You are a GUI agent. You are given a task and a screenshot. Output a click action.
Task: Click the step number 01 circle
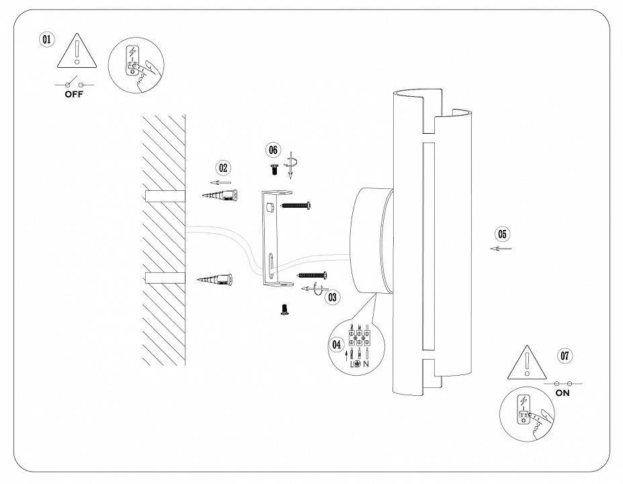pos(46,40)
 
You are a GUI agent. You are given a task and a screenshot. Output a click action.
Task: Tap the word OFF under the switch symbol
pos(74,95)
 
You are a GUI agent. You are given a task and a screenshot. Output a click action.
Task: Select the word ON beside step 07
pos(563,393)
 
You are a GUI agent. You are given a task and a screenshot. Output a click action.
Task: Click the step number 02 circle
pos(223,168)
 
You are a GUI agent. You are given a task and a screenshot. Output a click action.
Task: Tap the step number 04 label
pos(337,344)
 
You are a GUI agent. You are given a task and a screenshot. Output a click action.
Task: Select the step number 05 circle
pos(501,234)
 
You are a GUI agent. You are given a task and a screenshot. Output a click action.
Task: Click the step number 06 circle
pos(273,150)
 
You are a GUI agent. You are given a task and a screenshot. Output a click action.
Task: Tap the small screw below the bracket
pos(284,309)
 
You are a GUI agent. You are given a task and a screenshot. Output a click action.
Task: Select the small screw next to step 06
pos(274,170)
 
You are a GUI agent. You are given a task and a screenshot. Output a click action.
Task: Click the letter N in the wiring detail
pos(367,363)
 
